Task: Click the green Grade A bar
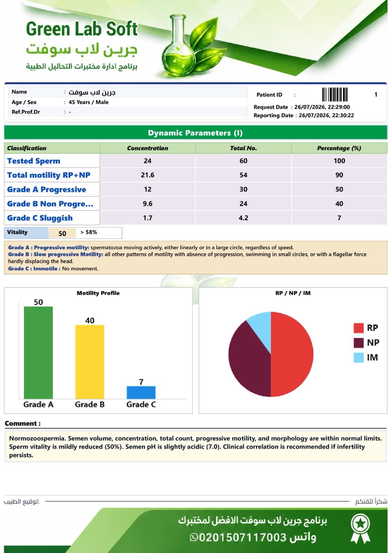38,353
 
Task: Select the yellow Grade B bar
90,362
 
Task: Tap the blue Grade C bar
141,392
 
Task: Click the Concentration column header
147,148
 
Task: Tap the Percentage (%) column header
339,148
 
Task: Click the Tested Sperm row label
34,161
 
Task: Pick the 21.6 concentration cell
147,175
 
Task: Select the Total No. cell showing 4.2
243,218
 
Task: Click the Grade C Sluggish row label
40,218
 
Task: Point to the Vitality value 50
62,234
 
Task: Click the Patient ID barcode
335,95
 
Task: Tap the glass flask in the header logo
178,47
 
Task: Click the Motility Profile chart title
98,293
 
